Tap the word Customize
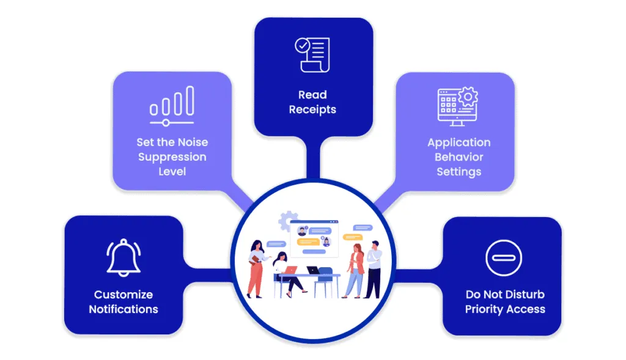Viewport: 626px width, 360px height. pos(123,295)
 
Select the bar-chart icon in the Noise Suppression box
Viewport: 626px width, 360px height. pos(172,103)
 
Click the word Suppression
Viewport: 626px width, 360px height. pos(172,157)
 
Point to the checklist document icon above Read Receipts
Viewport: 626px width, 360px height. pos(312,54)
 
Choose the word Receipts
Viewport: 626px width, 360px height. pos(312,109)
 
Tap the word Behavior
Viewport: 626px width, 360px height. pos(458,157)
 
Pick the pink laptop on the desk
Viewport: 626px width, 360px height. pos(291,270)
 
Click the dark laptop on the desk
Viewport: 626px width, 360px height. pos(313,270)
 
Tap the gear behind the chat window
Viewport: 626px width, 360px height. pos(287,220)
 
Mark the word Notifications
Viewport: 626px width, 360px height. pos(123,309)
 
